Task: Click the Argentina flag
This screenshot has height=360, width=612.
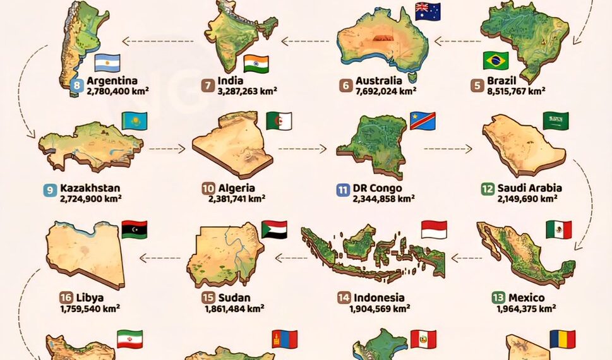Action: click(x=107, y=63)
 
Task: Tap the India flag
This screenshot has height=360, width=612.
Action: click(x=256, y=63)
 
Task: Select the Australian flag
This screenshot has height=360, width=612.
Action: click(x=428, y=11)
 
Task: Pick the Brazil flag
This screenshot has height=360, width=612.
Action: click(x=496, y=61)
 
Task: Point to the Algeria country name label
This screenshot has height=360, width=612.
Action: click(x=237, y=188)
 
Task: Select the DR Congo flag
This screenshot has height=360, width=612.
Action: click(x=423, y=119)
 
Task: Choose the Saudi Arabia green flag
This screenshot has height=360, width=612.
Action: click(x=555, y=121)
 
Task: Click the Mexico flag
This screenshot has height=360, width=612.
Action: click(x=558, y=229)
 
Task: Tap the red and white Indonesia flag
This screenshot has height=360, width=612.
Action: click(x=434, y=229)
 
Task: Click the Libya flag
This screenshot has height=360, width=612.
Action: click(x=134, y=229)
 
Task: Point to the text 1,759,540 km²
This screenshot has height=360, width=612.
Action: click(x=90, y=309)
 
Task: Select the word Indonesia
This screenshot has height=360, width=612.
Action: click(x=379, y=297)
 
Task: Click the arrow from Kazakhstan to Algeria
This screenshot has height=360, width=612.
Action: click(x=167, y=150)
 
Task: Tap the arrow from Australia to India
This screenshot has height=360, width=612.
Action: click(x=306, y=42)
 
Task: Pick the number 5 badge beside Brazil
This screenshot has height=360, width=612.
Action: click(x=477, y=85)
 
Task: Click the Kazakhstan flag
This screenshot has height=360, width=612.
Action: click(x=134, y=120)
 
